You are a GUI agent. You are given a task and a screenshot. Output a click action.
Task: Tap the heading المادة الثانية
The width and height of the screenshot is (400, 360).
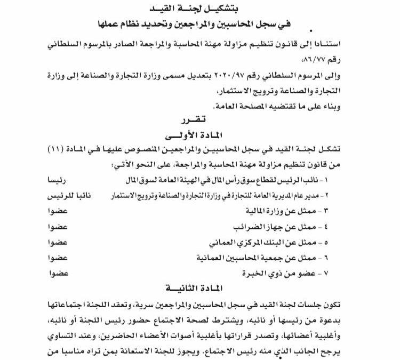pos(202,288)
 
